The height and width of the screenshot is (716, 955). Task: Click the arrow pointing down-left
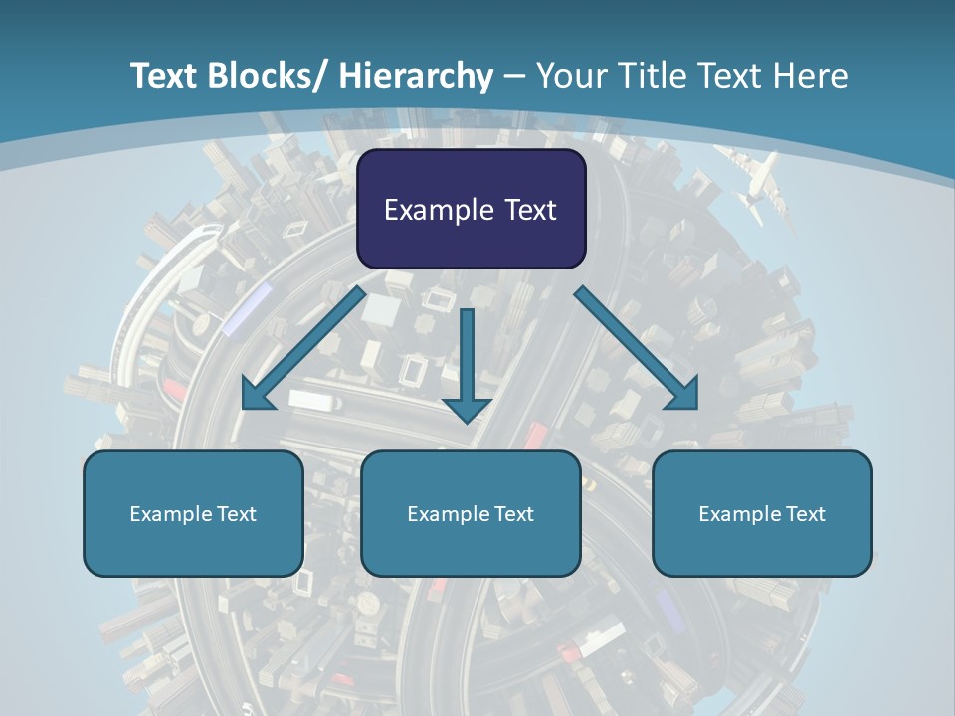click(x=303, y=348)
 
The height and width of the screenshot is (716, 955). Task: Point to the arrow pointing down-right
click(x=637, y=348)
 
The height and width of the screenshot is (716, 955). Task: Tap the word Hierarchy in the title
click(x=416, y=76)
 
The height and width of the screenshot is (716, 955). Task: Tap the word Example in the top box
click(x=439, y=210)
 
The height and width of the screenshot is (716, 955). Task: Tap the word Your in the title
click(x=569, y=76)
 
